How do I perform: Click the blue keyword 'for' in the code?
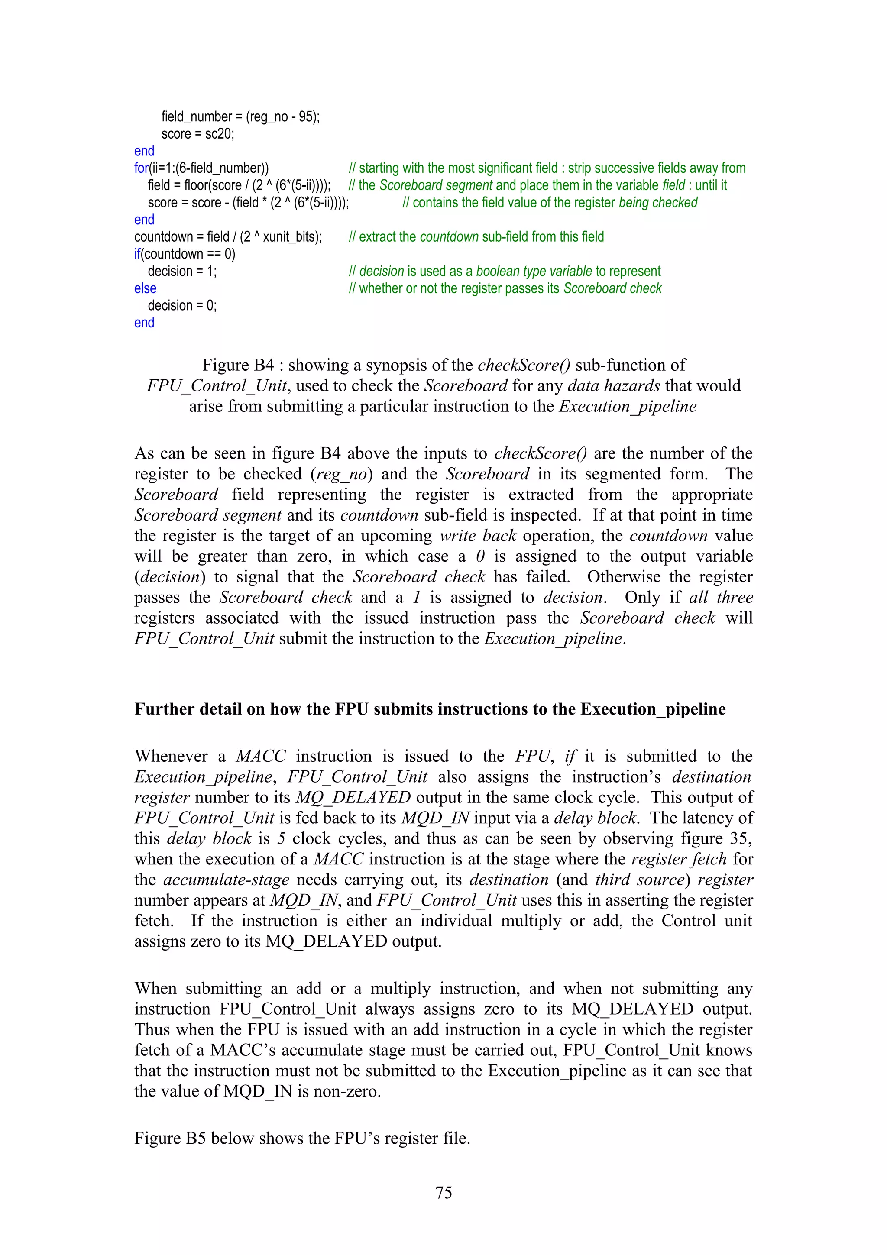pyautogui.click(x=141, y=168)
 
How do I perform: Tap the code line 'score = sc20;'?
pyautogui.click(x=197, y=134)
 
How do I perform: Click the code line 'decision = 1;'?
pyautogui.click(x=182, y=272)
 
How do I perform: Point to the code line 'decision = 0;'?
pyautogui.click(x=182, y=306)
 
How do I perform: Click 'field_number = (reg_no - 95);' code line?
pyautogui.click(x=240, y=116)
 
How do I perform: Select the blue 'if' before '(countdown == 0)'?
pyautogui.click(x=137, y=254)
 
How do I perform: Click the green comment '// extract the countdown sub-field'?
pyautogui.click(x=476, y=237)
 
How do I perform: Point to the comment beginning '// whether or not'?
pyautogui.click(x=505, y=288)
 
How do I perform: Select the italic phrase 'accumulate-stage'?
pyautogui.click(x=226, y=880)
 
